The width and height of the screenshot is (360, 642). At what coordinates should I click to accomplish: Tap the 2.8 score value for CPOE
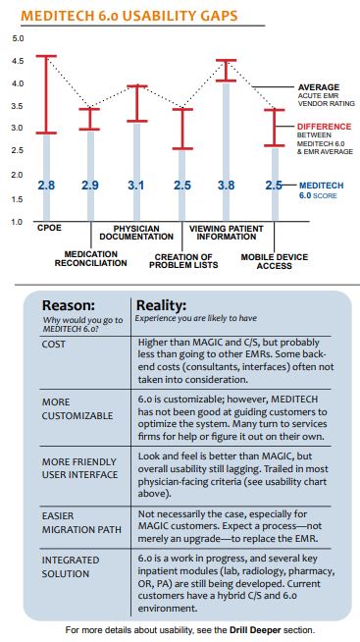pos(46,186)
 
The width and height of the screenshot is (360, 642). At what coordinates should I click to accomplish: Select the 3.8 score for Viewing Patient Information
pos(227,186)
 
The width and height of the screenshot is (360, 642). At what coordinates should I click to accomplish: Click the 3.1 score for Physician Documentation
pos(137,186)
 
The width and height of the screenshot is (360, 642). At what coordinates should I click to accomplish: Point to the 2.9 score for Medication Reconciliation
pos(90,186)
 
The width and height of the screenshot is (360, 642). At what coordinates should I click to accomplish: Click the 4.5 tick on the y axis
pos(18,61)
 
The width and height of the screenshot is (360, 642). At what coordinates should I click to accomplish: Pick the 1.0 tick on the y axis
pos(18,223)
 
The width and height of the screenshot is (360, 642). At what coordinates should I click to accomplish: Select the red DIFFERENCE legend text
pos(324,127)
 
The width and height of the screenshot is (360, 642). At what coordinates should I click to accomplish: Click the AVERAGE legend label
pos(319,87)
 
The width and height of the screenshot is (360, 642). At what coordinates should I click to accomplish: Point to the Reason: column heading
pos(69,306)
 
